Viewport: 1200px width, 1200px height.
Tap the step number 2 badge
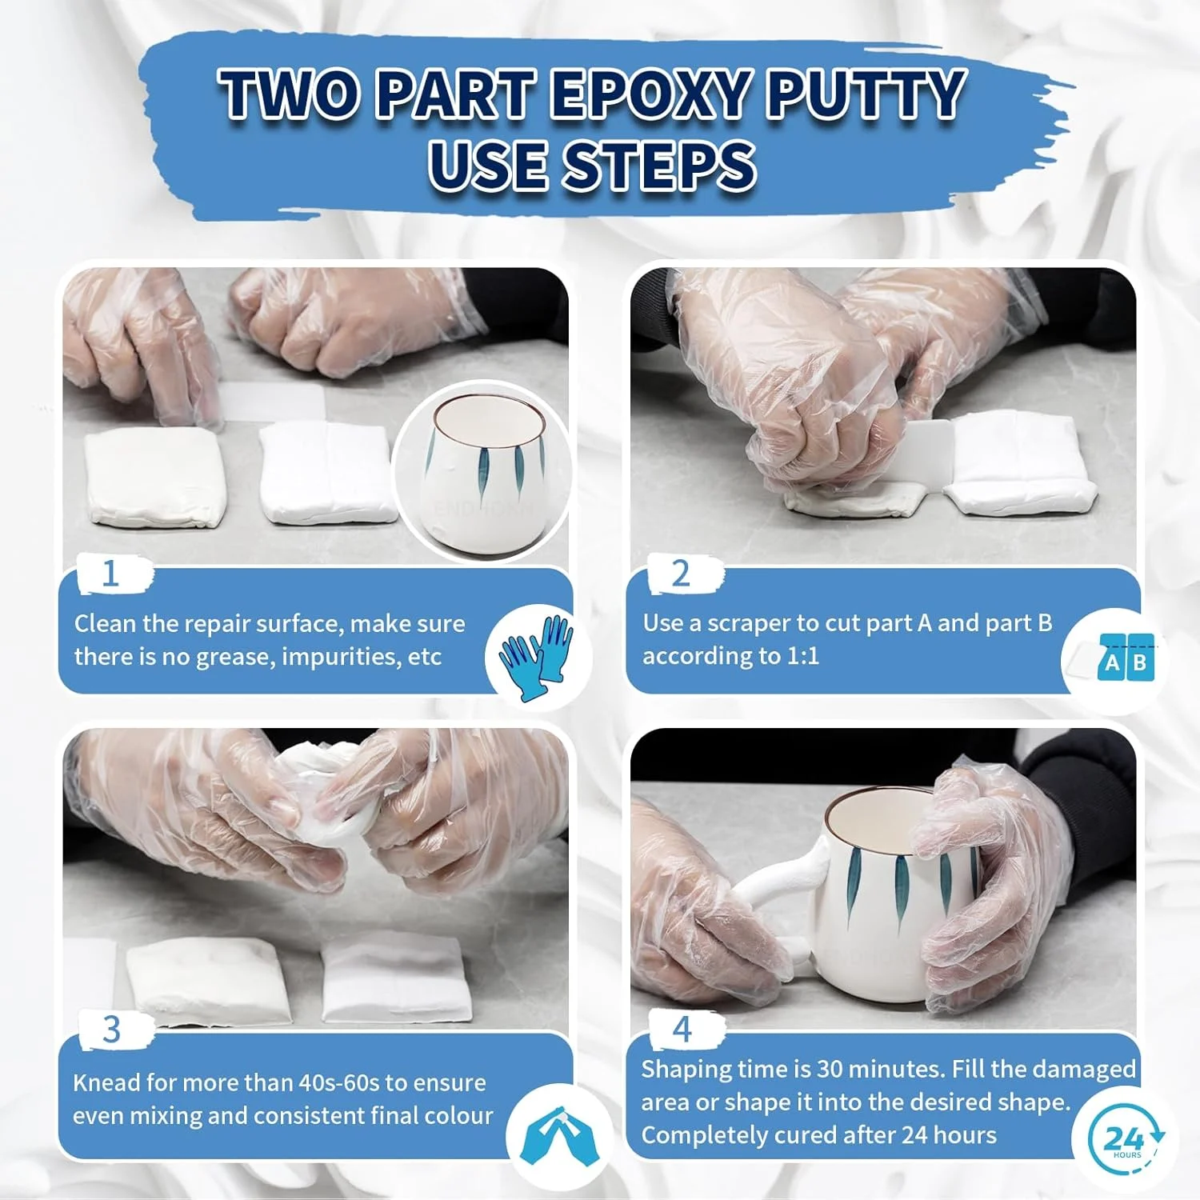[x=682, y=574]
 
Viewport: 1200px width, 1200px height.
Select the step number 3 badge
[x=112, y=1030]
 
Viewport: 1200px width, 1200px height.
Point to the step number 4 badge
[x=682, y=1029]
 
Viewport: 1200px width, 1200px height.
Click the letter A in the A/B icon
[x=1111, y=662]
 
